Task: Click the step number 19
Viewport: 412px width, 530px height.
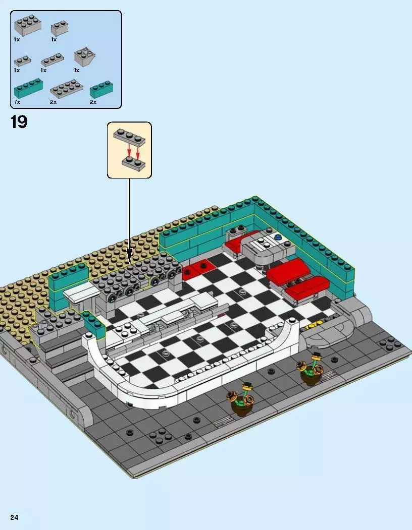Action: [19, 122]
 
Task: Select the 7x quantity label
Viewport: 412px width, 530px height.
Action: [17, 102]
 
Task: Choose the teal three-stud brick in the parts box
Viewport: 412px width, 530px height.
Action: [101, 90]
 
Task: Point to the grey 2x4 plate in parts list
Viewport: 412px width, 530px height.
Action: [66, 89]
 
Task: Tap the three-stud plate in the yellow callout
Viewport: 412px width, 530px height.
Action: [129, 137]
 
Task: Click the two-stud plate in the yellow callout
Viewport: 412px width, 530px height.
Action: [132, 161]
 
